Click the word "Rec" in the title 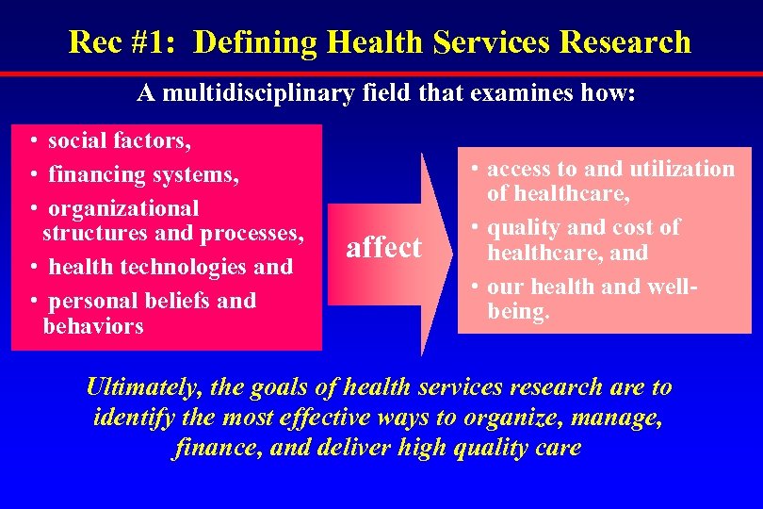click(93, 42)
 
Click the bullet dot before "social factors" click(33, 141)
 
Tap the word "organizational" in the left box click(123, 208)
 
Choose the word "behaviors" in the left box click(93, 326)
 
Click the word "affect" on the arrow click(383, 248)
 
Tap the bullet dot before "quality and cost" click(477, 228)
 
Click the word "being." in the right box click(518, 311)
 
